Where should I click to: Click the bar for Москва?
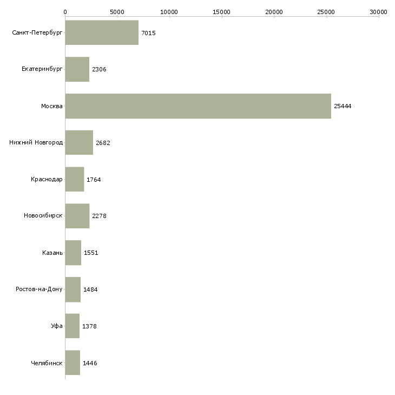(198, 106)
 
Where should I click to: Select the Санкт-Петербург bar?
(102, 32)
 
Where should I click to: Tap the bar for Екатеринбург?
(77, 69)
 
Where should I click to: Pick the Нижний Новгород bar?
(79, 143)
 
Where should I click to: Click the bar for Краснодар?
(75, 179)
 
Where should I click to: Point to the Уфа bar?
(73, 326)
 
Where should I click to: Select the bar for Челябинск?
(73, 363)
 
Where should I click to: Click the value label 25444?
(343, 106)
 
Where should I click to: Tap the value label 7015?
(148, 33)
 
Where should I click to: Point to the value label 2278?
(99, 216)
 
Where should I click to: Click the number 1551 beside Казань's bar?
(91, 253)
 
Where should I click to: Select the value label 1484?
(90, 289)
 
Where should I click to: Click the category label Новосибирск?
(43, 216)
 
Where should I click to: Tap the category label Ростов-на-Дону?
(39, 289)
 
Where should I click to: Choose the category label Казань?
(52, 253)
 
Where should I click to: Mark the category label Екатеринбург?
(42, 69)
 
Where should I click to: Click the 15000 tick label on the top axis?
(221, 12)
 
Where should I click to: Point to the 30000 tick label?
(378, 12)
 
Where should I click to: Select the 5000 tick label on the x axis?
(117, 12)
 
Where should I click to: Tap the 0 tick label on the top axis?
(65, 12)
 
